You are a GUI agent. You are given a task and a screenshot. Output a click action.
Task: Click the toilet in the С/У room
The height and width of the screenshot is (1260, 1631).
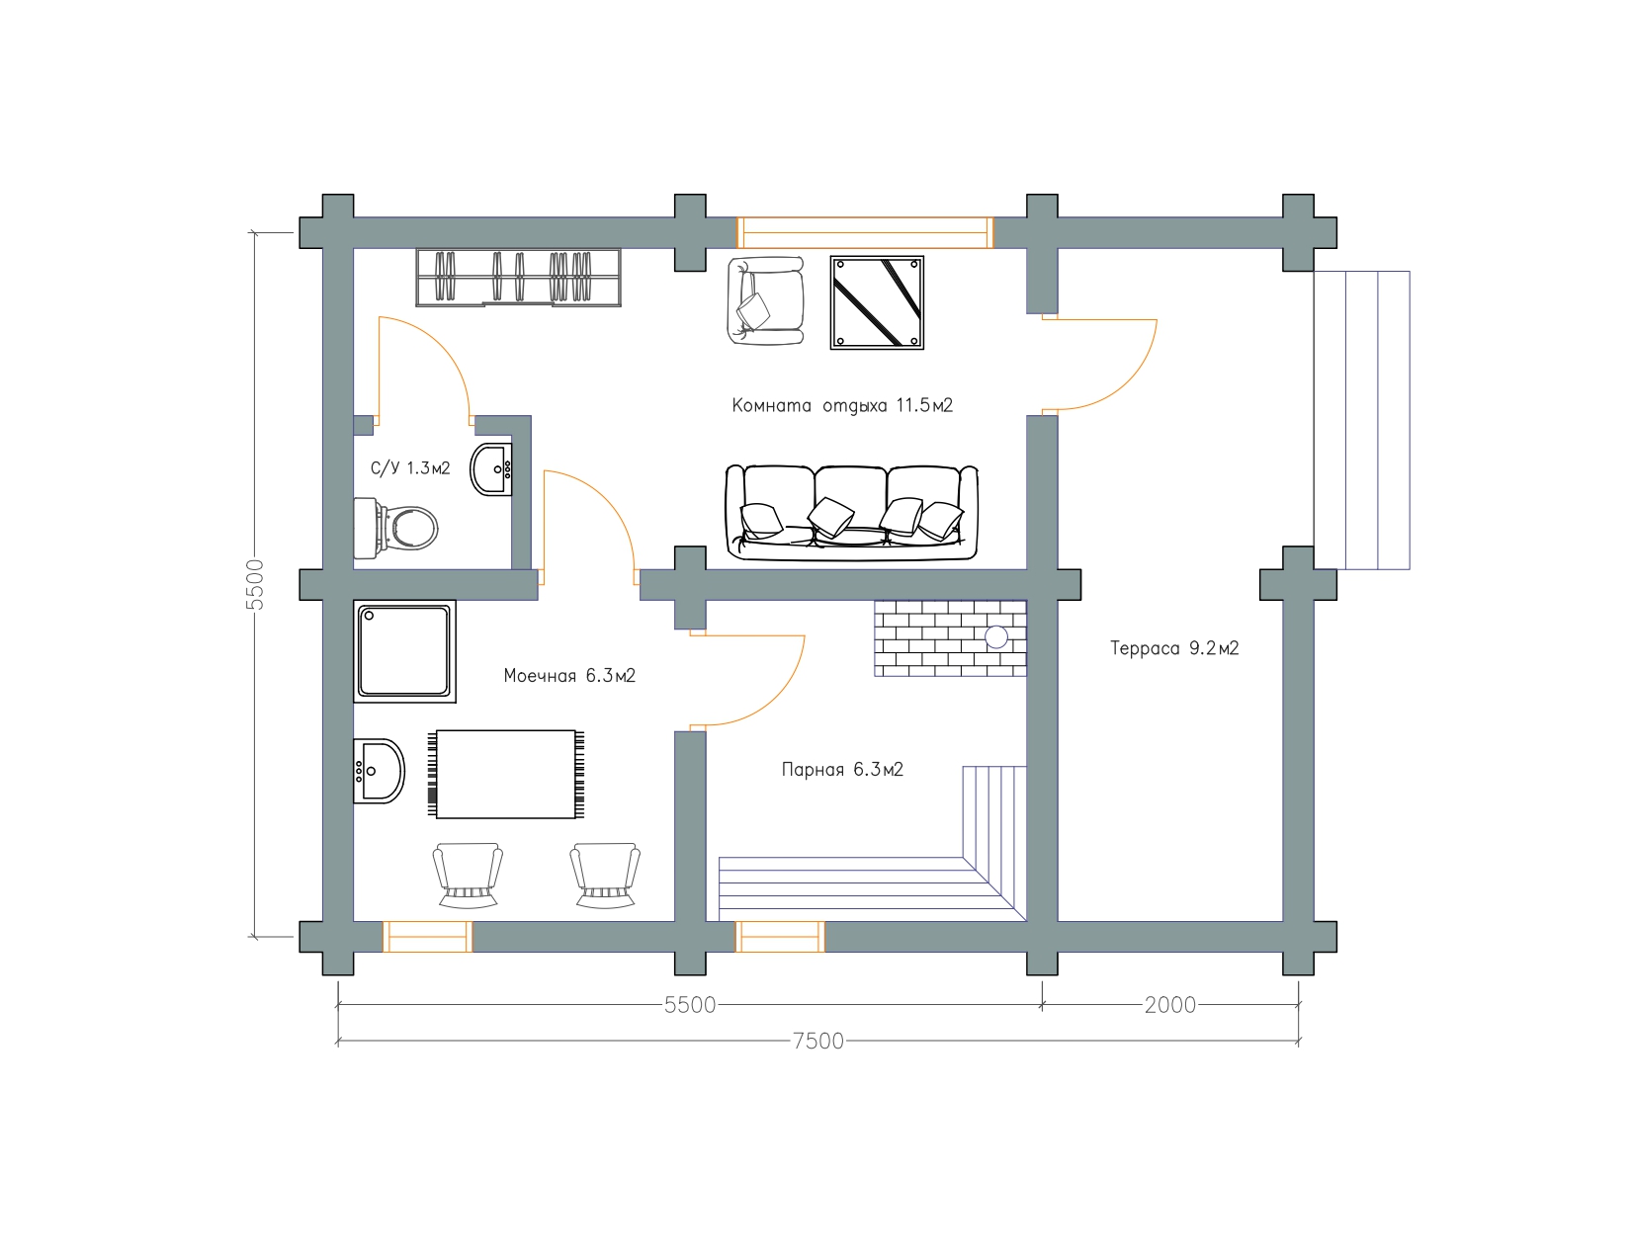point(394,529)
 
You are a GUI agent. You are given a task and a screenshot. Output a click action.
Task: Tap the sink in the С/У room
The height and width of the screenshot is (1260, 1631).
point(491,469)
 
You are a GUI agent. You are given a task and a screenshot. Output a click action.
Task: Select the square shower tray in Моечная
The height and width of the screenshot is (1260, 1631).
point(404,651)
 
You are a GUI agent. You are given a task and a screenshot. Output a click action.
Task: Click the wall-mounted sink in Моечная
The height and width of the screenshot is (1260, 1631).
point(379,771)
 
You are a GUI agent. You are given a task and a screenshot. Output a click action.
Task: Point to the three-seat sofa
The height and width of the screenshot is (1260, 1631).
point(851,513)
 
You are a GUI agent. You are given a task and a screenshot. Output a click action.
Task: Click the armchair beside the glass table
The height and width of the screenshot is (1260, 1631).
point(765,300)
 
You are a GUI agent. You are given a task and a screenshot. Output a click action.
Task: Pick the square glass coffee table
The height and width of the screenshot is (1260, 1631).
point(877,302)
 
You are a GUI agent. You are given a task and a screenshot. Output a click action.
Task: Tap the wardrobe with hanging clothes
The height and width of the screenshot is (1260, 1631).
point(519,278)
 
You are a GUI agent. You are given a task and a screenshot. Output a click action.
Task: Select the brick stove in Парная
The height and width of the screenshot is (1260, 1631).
point(950,637)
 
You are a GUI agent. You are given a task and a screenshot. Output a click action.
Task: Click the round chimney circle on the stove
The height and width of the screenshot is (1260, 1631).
point(996,637)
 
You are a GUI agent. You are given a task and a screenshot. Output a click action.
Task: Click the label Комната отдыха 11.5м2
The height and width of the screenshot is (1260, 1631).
point(842,406)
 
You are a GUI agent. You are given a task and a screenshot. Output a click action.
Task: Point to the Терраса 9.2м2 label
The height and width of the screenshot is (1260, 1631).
point(1174,648)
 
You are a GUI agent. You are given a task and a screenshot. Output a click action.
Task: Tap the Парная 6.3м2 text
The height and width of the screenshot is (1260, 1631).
point(842,770)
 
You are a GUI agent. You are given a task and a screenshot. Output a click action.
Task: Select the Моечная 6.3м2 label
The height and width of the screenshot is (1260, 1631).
point(569,676)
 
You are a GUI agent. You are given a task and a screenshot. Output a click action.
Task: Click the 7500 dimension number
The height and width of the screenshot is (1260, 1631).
point(818,1041)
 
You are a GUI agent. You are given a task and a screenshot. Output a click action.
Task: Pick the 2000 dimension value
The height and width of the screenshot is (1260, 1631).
point(1170,1005)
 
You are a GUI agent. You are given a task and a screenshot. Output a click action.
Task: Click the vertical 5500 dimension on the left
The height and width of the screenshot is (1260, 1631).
point(255,585)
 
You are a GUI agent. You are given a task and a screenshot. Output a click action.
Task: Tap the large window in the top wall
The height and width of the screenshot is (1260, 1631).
point(865,232)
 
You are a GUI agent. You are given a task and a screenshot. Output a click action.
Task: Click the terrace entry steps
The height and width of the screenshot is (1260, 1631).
point(1361,420)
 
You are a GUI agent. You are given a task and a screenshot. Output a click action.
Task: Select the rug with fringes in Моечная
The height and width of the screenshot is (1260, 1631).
point(507,775)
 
